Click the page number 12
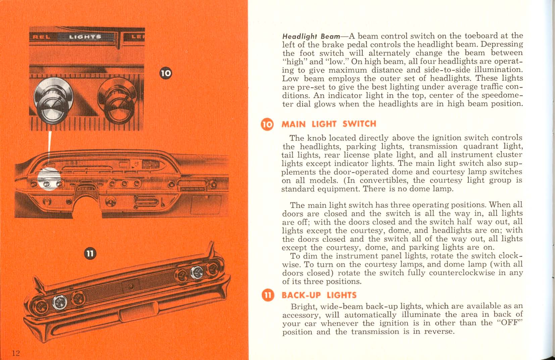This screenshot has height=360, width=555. [x=16, y=353]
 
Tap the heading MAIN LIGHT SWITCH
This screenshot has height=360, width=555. [x=329, y=124]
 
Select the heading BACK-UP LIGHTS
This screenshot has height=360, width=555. [x=319, y=295]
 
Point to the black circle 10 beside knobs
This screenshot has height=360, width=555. [x=165, y=73]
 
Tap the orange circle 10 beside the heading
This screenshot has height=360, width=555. [x=267, y=124]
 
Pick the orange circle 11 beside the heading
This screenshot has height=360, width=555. [x=267, y=295]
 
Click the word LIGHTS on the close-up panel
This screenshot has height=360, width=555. [x=85, y=37]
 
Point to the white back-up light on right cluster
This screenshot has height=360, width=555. [x=196, y=272]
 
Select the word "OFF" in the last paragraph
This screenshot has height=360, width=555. [x=510, y=323]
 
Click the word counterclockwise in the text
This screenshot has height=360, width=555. [x=462, y=273]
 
